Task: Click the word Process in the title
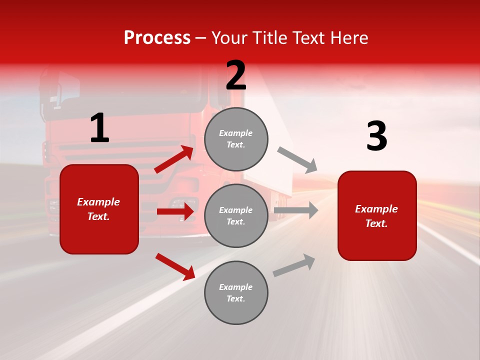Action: (157, 38)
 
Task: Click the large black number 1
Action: (99, 128)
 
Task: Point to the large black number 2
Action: (236, 75)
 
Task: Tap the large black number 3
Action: (377, 136)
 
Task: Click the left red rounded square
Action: (99, 209)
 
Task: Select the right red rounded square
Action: (377, 216)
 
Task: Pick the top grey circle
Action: (236, 139)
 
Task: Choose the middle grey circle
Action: (236, 216)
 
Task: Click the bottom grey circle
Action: (236, 293)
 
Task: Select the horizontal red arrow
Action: (175, 211)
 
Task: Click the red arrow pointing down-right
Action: (175, 266)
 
